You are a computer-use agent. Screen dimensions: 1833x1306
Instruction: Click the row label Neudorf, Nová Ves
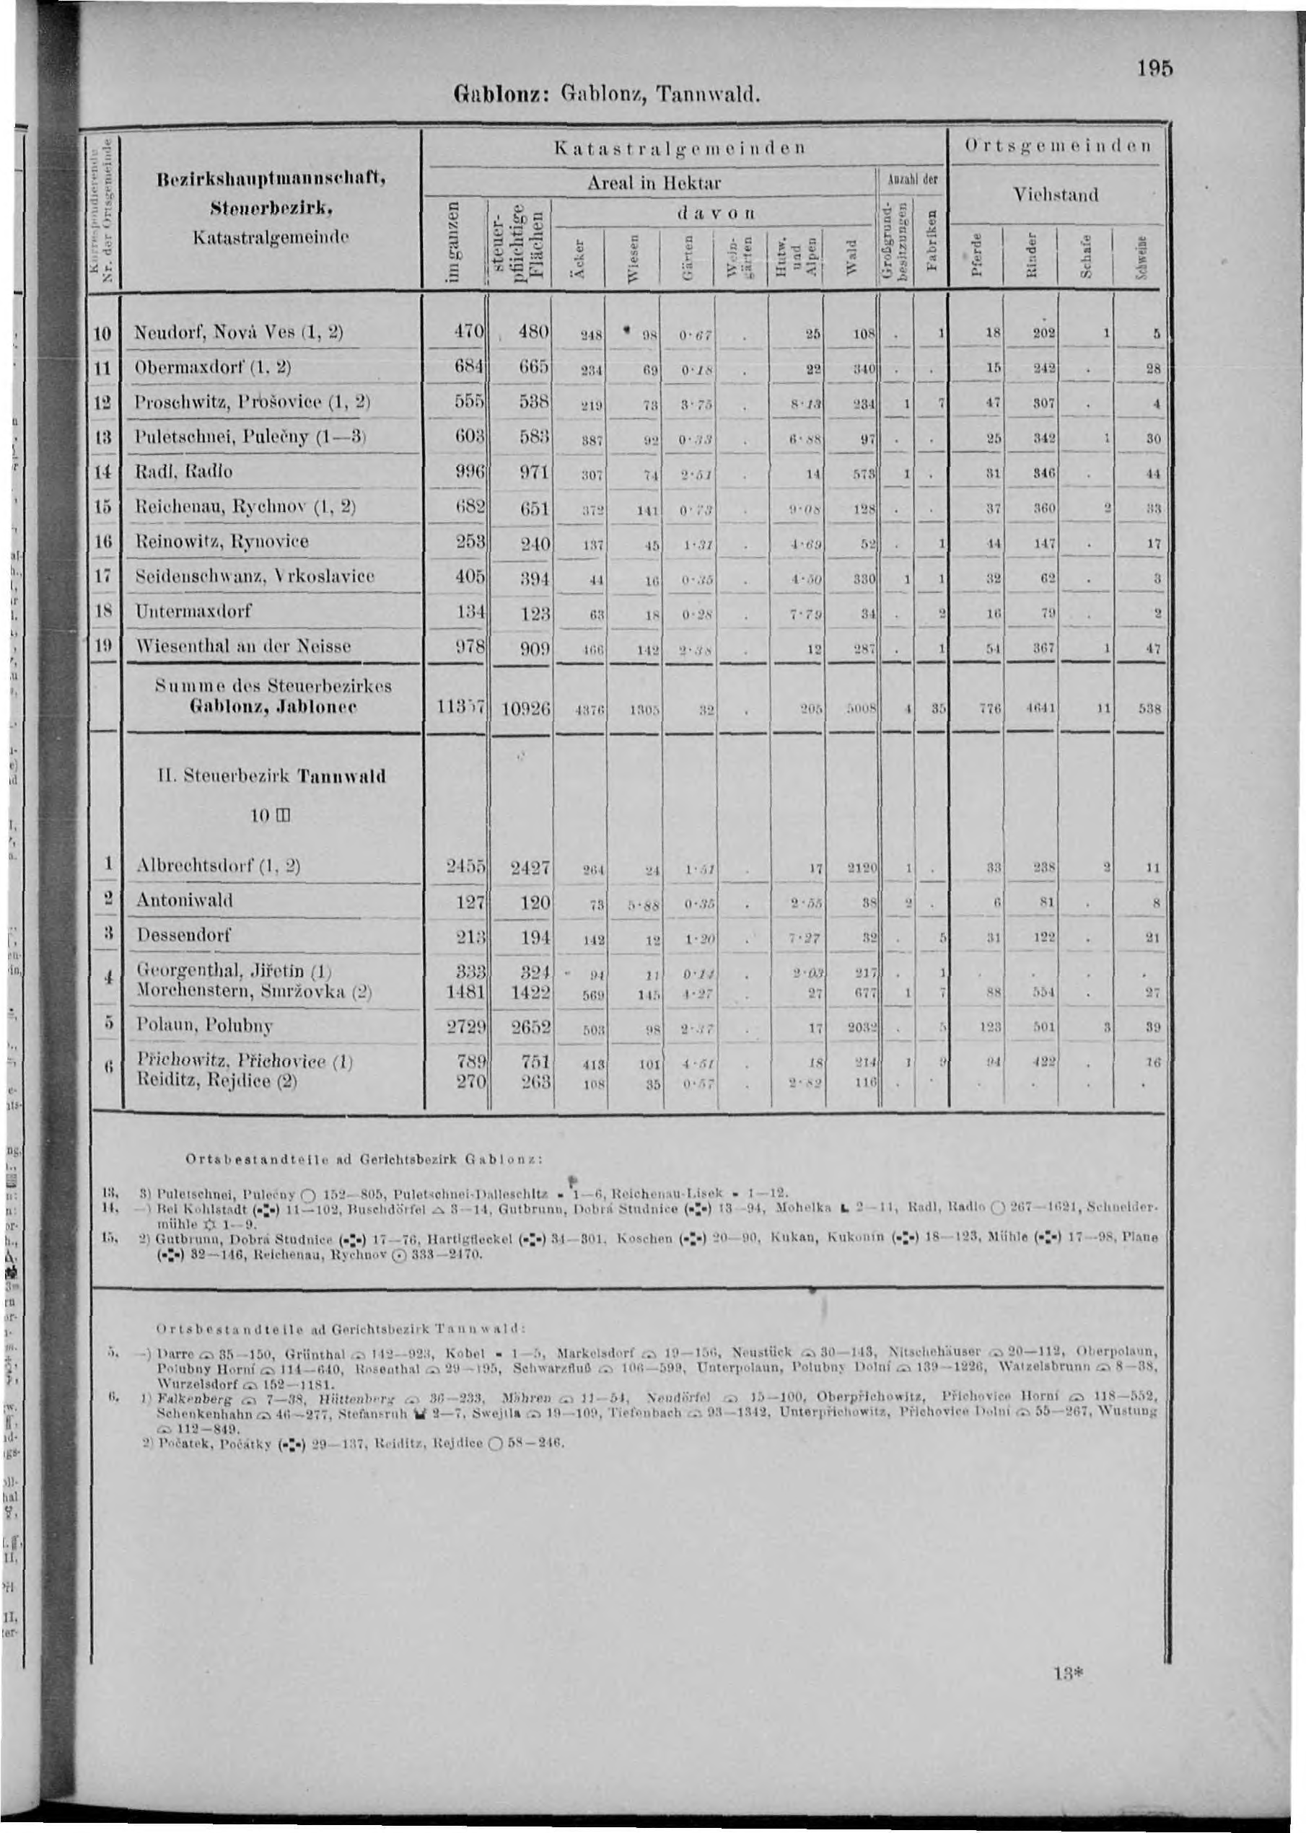coord(238,332)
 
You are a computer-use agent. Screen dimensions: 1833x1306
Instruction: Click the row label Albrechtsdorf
coord(218,866)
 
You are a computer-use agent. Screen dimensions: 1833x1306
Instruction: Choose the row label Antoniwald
coord(185,900)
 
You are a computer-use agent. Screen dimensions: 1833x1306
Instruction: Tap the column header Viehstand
coord(1055,195)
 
